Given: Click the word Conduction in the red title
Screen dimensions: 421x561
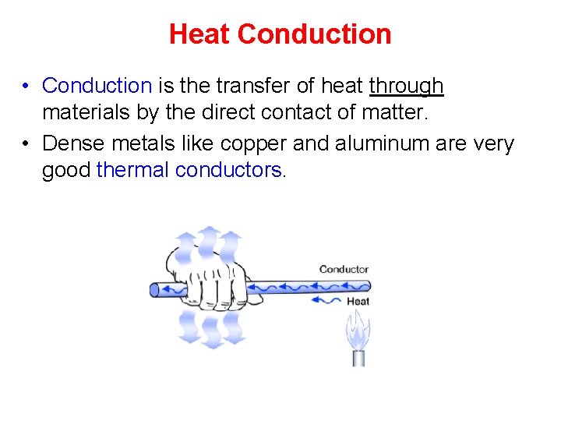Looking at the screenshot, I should click(314, 34).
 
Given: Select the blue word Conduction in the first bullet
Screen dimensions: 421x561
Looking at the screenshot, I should click(97, 85).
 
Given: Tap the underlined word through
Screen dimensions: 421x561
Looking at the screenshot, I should click(406, 86).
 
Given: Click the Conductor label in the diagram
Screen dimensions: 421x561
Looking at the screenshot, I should click(344, 270).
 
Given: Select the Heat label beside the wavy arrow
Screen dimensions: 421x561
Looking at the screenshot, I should click(358, 301).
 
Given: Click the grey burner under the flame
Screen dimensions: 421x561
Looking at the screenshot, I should click(358, 357).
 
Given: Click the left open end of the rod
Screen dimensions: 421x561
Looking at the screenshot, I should click(155, 288).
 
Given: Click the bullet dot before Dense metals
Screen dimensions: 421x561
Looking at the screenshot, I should click(26, 144).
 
